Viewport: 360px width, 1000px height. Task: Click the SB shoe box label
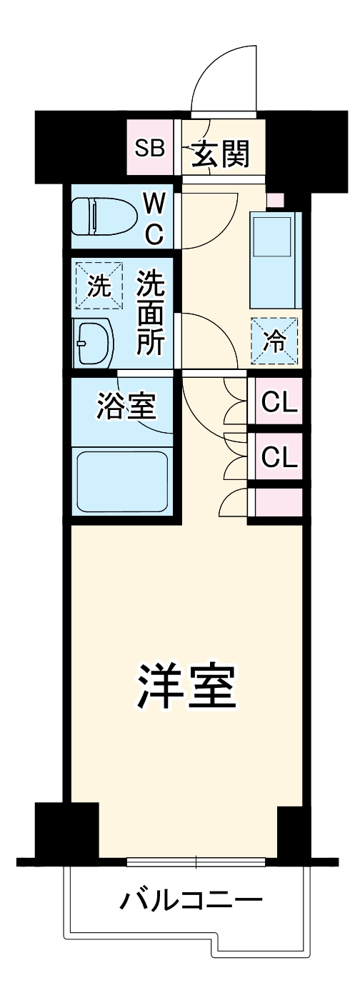click(x=151, y=149)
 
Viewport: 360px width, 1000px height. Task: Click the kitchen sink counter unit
click(x=274, y=259)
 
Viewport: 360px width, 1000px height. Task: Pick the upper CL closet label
click(x=279, y=403)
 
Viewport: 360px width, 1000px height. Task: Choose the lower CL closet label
click(x=279, y=456)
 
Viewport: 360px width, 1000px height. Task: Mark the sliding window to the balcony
click(x=196, y=861)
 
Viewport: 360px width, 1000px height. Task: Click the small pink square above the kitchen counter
click(x=275, y=200)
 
